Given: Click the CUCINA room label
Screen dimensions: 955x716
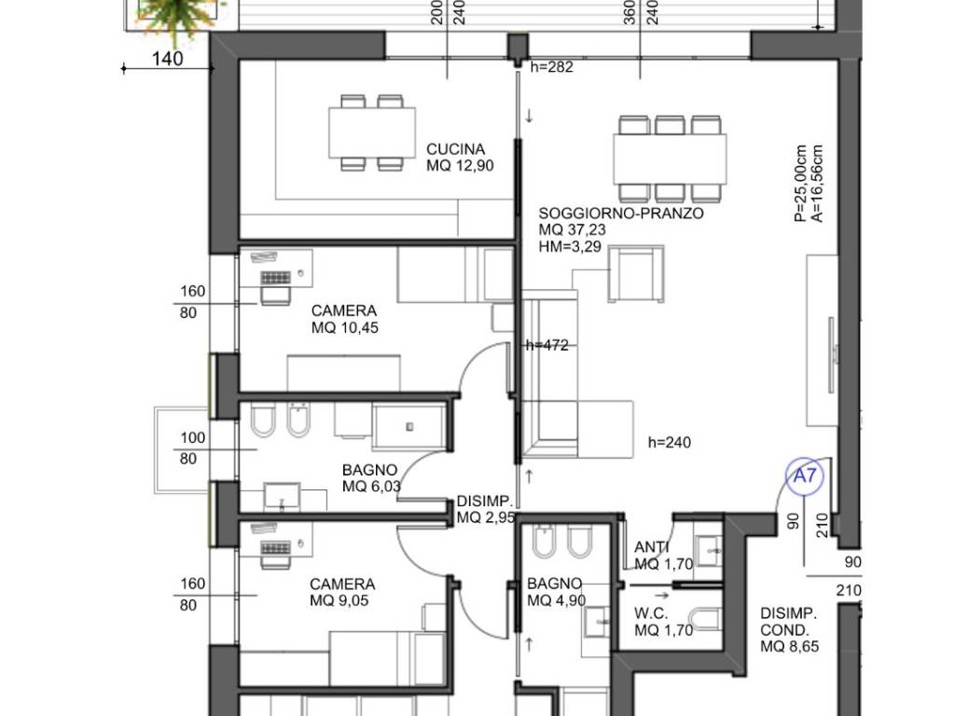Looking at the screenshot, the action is tap(455, 149).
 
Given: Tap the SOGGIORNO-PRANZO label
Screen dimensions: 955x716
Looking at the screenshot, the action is tap(620, 213).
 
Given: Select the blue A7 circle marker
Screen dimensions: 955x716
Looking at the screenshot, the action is tap(805, 475).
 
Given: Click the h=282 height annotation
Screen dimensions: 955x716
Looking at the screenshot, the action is tap(552, 67).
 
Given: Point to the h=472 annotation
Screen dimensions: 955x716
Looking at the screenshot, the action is tap(547, 345).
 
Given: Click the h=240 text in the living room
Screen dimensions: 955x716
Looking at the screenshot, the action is tap(670, 442).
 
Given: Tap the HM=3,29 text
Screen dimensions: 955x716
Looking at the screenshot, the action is tap(570, 246).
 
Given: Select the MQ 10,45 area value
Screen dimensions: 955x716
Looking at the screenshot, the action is tap(345, 327).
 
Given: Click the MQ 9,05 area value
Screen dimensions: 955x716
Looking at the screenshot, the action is tap(339, 601).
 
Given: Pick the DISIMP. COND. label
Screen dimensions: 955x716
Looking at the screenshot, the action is tap(789, 622).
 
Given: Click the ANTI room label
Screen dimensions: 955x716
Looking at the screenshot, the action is tap(652, 547).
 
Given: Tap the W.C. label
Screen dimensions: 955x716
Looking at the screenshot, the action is tap(651, 613).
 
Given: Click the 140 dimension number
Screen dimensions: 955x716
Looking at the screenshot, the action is tap(167, 59).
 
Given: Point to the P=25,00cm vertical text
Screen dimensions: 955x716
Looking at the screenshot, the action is tap(800, 183).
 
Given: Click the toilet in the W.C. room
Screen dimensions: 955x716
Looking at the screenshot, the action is tap(707, 619).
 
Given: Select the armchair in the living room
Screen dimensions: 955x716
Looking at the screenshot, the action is tap(636, 273).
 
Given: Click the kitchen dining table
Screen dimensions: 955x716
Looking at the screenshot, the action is tap(372, 132).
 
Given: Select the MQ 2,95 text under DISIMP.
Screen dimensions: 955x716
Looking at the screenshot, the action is tap(486, 518).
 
